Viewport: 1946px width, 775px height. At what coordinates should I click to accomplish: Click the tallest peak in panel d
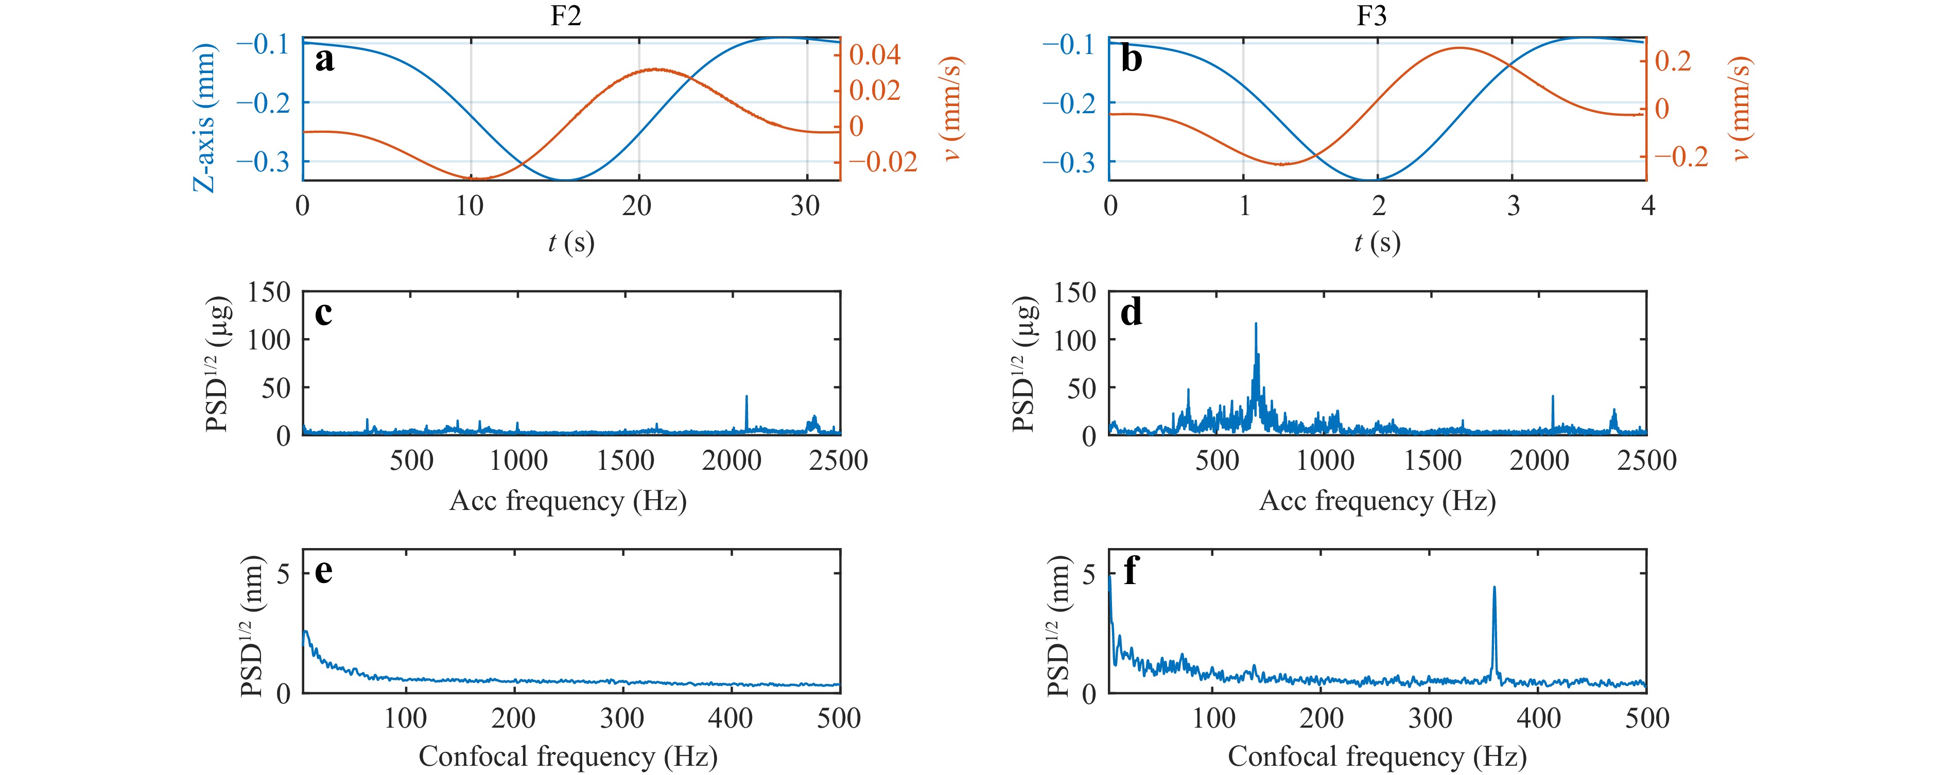[1256, 324]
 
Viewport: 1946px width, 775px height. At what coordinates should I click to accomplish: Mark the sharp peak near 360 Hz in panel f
[1494, 588]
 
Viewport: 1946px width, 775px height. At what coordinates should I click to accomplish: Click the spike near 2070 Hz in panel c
[747, 397]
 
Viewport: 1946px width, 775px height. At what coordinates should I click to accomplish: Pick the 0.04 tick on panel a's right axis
[875, 55]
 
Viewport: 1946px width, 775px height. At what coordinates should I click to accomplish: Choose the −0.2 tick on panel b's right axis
[1681, 156]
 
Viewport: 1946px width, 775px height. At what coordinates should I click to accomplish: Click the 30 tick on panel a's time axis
[805, 205]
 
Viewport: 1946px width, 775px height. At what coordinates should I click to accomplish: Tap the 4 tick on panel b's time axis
[1647, 205]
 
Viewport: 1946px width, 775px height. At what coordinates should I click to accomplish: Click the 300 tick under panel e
[622, 718]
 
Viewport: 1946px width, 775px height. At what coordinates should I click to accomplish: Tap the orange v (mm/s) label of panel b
[1740, 110]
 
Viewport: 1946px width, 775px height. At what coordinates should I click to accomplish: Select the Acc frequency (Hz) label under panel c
[568, 501]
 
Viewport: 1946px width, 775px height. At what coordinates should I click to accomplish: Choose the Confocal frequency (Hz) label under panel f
[1377, 756]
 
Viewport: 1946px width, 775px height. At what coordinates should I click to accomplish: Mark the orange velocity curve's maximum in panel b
[1459, 48]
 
